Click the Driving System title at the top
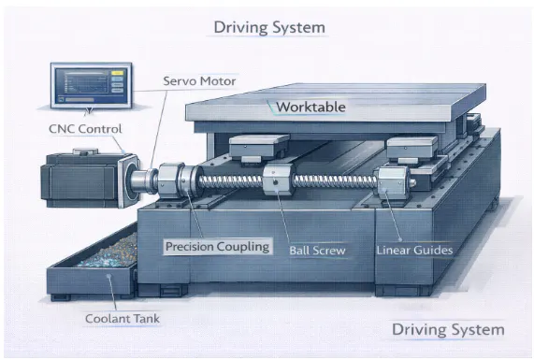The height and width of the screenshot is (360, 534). click(269, 27)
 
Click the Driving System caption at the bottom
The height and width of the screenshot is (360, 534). click(448, 329)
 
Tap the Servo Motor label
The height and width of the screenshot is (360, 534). click(199, 81)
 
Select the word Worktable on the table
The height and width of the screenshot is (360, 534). click(310, 107)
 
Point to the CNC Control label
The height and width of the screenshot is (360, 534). click(85, 129)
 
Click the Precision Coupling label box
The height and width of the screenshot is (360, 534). click(218, 246)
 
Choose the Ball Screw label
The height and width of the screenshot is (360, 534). click(317, 251)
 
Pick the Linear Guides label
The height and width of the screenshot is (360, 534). click(414, 251)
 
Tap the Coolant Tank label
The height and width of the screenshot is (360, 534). click(123, 319)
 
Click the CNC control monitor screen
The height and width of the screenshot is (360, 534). click(91, 86)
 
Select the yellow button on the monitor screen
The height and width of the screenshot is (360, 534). click(117, 73)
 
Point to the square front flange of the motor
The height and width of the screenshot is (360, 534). click(129, 180)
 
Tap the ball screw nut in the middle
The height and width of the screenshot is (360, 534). click(278, 180)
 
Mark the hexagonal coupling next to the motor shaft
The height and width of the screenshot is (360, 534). click(169, 181)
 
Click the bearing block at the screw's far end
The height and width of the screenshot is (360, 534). click(393, 184)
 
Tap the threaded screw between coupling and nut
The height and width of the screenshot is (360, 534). click(231, 181)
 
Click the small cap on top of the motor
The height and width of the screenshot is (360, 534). click(85, 151)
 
